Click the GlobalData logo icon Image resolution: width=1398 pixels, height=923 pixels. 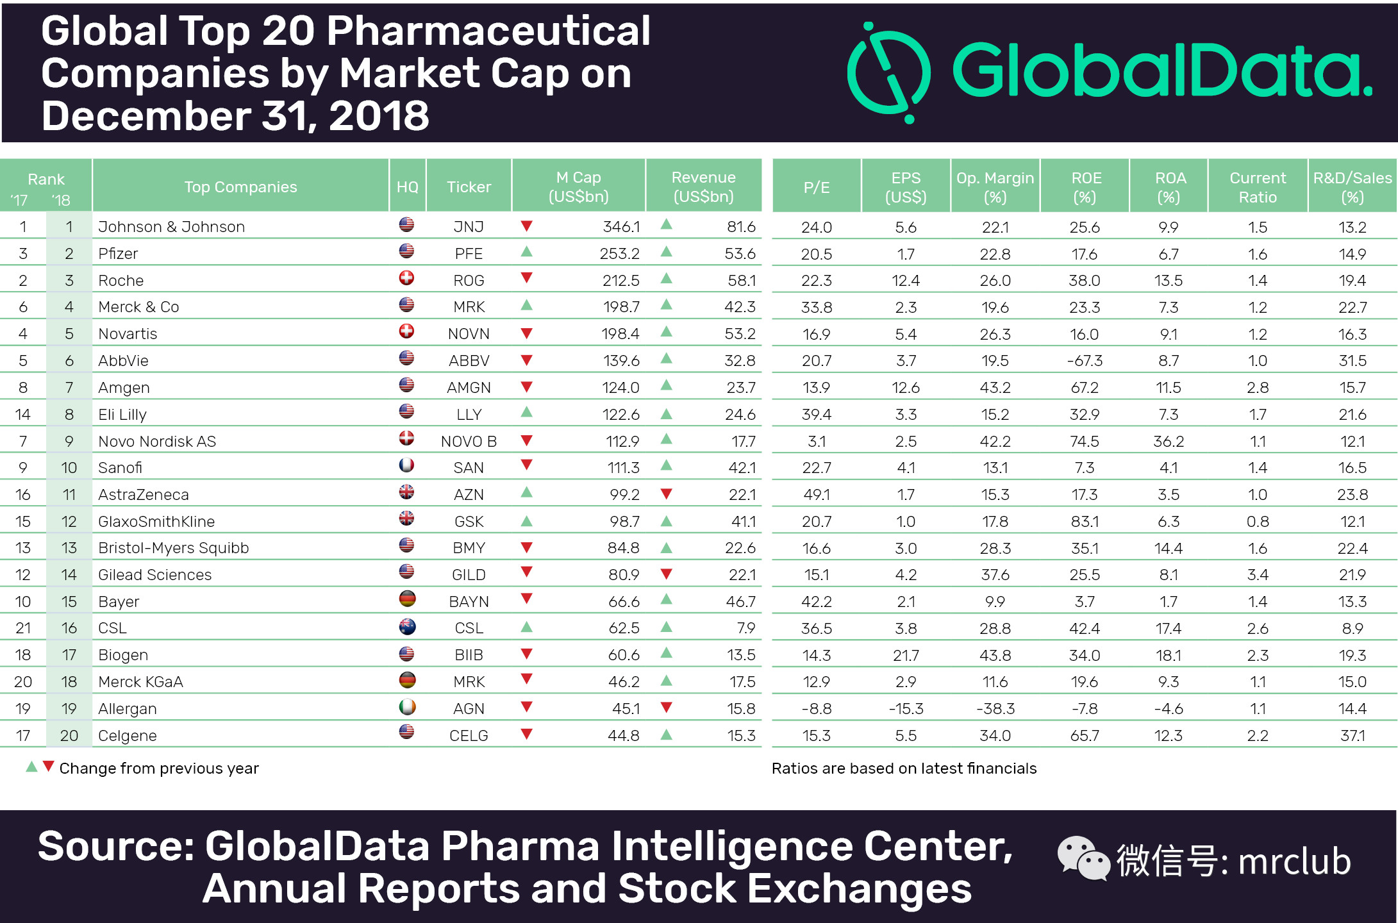pos(888,72)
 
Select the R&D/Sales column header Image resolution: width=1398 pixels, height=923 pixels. pos(1352,187)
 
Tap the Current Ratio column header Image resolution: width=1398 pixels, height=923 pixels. pos(1257,187)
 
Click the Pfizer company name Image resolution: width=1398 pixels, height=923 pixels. pos(118,254)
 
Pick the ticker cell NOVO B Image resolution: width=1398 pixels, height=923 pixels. pos(469,442)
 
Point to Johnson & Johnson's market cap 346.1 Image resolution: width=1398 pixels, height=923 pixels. pos(620,227)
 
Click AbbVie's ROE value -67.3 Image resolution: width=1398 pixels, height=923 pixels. pos(1084,361)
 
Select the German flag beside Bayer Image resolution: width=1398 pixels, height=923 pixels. pos(407,599)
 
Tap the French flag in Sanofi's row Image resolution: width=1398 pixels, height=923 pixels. pos(406,465)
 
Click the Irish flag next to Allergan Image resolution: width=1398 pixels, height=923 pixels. pos(407,707)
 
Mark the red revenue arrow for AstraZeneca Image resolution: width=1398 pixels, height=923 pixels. pos(666,494)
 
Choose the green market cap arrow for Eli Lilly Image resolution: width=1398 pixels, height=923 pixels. pos(526,412)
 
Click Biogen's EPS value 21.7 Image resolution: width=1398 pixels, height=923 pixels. pos(906,655)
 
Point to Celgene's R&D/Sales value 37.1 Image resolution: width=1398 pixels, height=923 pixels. pos(1352,736)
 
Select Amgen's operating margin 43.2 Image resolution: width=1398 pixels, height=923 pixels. pos(994,388)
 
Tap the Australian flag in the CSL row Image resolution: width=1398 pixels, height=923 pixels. pos(407,626)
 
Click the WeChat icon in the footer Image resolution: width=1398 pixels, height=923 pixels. pos(1083,858)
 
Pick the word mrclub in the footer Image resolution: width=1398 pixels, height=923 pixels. pos(1294,861)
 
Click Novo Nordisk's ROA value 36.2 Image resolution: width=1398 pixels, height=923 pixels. pos(1168,442)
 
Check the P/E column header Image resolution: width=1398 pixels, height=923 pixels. pos(816,187)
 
